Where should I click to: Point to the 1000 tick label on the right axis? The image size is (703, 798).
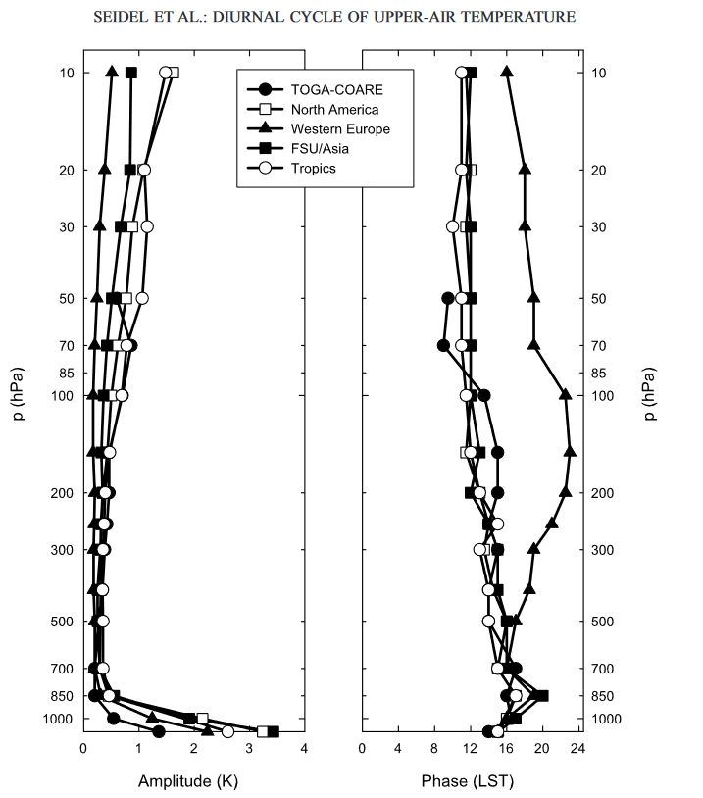click(x=610, y=720)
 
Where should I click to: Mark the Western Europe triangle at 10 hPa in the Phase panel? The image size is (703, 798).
click(x=507, y=72)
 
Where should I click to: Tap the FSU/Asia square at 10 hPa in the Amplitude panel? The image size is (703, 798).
click(x=131, y=73)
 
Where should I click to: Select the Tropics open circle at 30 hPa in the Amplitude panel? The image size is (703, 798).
click(x=147, y=226)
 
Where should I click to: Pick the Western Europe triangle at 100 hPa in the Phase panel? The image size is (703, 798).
click(x=566, y=394)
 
